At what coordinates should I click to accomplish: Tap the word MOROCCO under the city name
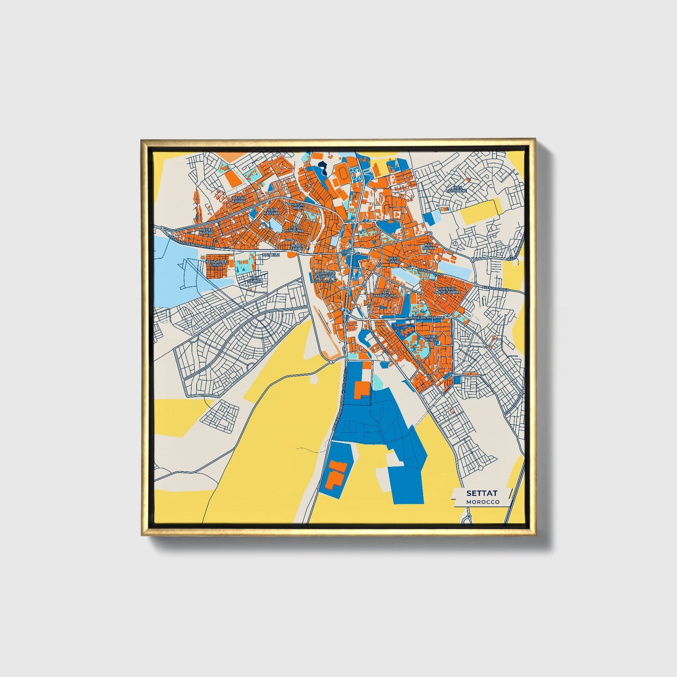pos(483,502)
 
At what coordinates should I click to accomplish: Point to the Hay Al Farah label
pos(238,200)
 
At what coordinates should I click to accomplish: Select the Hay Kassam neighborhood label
pos(271,211)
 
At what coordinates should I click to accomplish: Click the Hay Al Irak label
pos(298,206)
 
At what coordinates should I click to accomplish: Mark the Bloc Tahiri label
pos(297,246)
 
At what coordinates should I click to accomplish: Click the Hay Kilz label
pos(271,254)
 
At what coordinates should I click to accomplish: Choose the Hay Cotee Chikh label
pos(216,263)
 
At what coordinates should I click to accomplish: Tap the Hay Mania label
pos(429,246)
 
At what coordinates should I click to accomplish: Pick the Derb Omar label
pos(393,260)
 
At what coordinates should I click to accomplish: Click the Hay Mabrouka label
pos(385,294)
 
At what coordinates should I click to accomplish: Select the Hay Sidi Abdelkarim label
pos(448,290)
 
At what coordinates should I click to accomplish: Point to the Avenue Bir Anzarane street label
pos(424,318)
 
